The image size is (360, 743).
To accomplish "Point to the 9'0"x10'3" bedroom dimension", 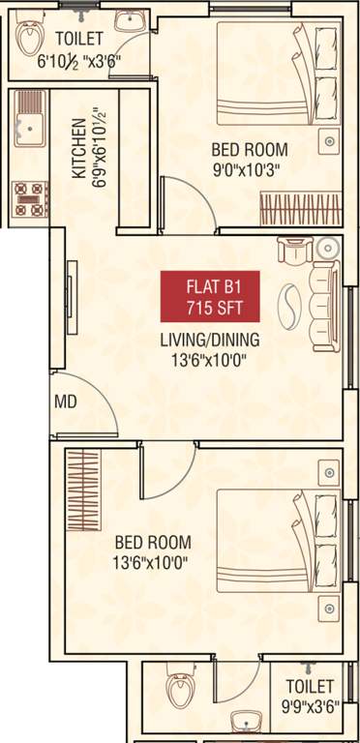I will [251, 167].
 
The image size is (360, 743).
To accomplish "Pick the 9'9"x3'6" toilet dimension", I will [306, 707].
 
